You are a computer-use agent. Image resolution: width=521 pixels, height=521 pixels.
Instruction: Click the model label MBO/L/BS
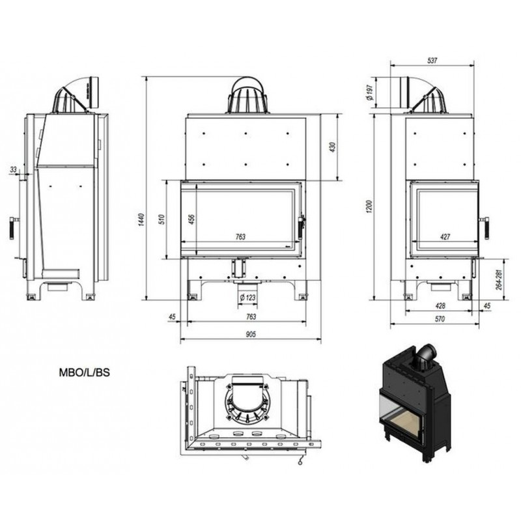85,373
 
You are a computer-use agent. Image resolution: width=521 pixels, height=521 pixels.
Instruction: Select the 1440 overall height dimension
141,220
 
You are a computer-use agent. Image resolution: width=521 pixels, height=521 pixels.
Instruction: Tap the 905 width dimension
251,334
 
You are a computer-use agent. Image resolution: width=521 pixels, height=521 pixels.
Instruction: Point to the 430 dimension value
332,147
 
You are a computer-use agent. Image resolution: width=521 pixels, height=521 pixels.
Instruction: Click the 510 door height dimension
162,219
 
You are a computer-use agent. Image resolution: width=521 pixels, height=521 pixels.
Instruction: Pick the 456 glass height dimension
191,219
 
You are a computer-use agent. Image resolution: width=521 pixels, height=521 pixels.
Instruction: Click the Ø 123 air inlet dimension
248,297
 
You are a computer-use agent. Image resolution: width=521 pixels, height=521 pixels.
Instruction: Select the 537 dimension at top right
432,61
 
